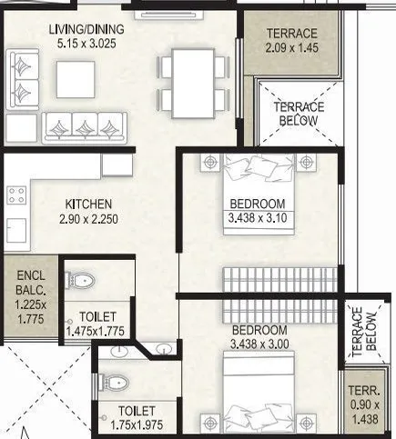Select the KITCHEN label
tap(87, 204)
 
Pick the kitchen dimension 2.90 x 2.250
tap(87, 219)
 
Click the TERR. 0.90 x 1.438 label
tap(369, 404)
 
